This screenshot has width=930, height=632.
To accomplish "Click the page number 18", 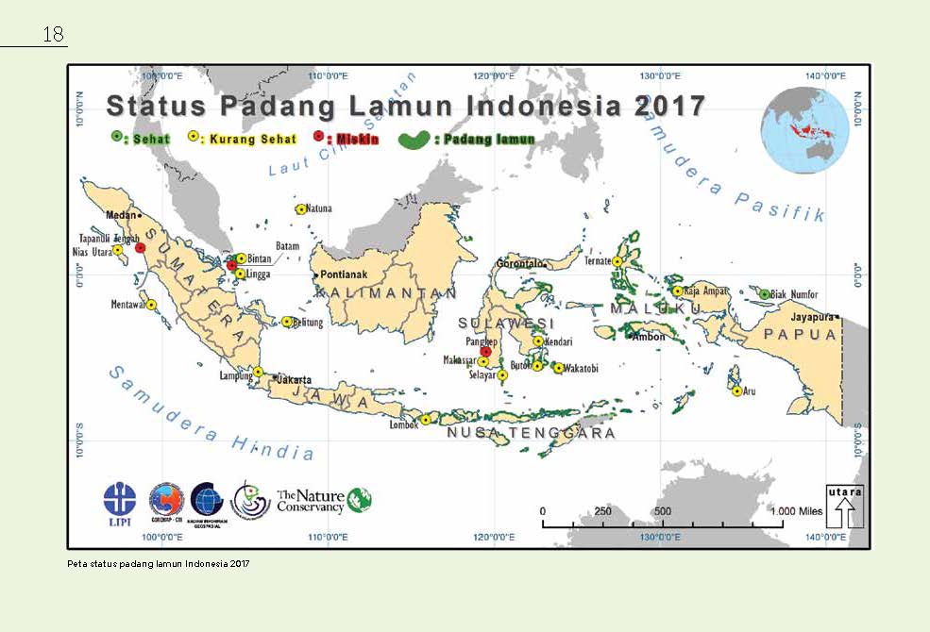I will coord(53,35).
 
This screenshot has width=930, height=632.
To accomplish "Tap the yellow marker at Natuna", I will coord(300,209).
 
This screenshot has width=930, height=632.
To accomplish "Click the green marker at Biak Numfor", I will coord(765,294).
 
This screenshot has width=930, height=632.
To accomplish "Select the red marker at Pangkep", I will coord(486,351).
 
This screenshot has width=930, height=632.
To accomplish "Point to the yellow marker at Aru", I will coord(736,391).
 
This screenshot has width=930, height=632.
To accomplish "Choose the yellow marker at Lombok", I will coord(426,420).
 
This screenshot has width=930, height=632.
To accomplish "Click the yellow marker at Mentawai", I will coord(151,305).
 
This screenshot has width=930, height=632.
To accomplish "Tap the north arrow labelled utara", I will coord(845,507).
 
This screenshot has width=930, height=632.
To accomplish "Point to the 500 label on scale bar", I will coord(662,510).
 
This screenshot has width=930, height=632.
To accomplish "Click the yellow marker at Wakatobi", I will coord(559,368).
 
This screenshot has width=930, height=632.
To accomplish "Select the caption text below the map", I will coord(160,563).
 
